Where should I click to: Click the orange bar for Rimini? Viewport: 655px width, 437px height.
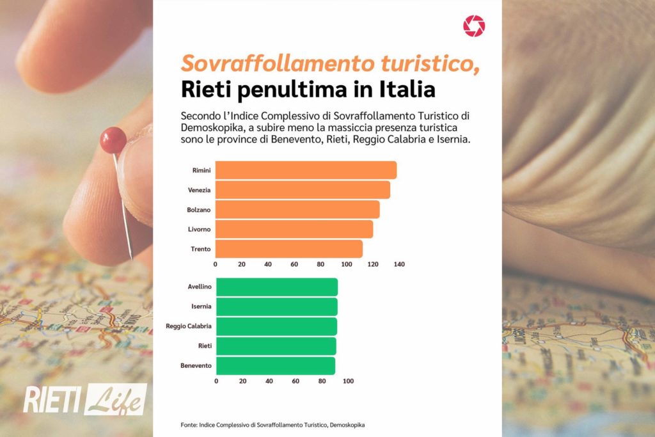click(306, 170)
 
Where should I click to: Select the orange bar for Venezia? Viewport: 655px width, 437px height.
click(303, 190)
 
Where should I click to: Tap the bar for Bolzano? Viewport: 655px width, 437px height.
click(297, 209)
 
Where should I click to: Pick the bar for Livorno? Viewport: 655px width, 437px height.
click(294, 229)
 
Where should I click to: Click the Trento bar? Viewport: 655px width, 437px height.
click(289, 249)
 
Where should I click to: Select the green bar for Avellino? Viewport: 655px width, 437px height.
click(277, 287)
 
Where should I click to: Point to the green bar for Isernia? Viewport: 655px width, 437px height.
click(277, 307)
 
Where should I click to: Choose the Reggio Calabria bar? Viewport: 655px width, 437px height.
click(276, 326)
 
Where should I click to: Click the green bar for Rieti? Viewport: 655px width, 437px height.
click(276, 346)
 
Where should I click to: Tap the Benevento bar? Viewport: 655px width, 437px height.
click(276, 366)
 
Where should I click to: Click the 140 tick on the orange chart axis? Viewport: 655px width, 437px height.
click(400, 264)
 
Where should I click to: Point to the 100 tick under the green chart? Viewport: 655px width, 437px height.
click(348, 381)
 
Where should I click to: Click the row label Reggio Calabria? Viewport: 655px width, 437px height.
click(188, 326)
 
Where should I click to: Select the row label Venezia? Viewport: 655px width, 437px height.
click(200, 190)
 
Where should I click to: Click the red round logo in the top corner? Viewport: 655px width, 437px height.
click(474, 26)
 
